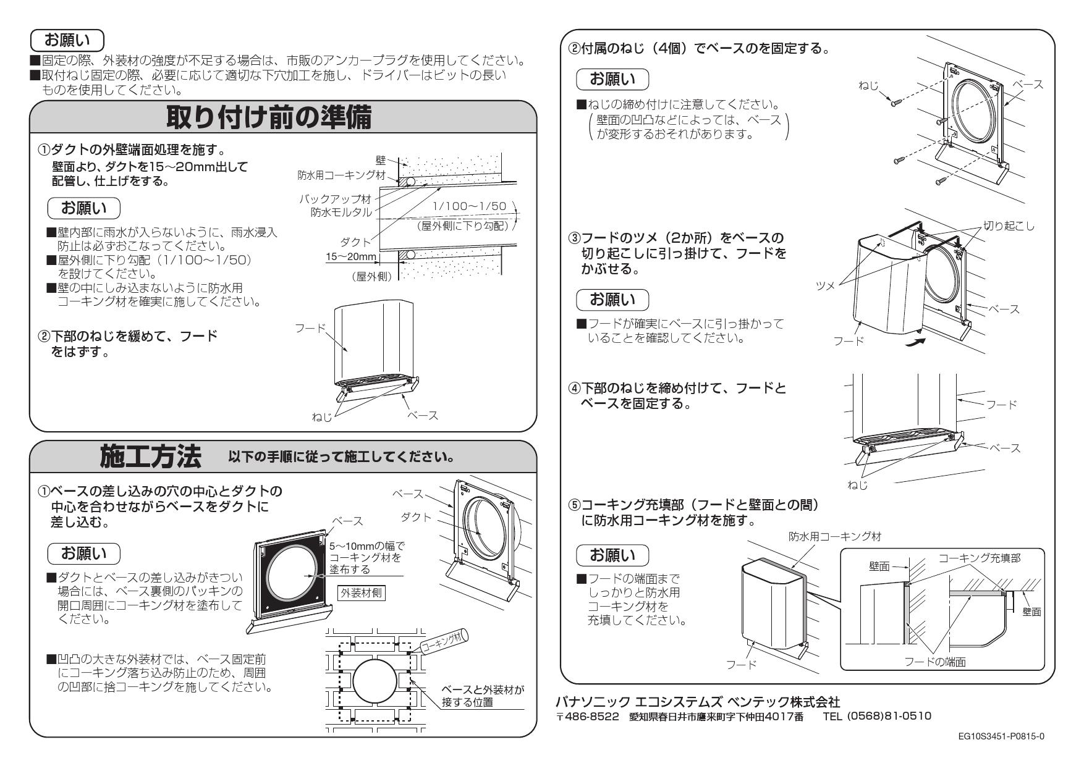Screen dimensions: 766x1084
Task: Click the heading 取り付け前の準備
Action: point(269,118)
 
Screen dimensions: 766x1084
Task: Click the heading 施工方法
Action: point(151,457)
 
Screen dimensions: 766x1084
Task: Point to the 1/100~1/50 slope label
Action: point(469,206)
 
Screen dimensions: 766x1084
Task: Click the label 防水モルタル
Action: point(341,212)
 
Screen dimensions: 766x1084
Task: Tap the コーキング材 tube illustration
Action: point(444,641)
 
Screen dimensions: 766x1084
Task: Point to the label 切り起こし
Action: point(1009,226)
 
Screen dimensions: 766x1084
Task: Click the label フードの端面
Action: point(935,662)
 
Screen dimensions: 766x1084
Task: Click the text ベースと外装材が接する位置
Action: point(481,696)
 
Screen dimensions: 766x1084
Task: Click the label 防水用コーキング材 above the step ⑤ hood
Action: point(834,536)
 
